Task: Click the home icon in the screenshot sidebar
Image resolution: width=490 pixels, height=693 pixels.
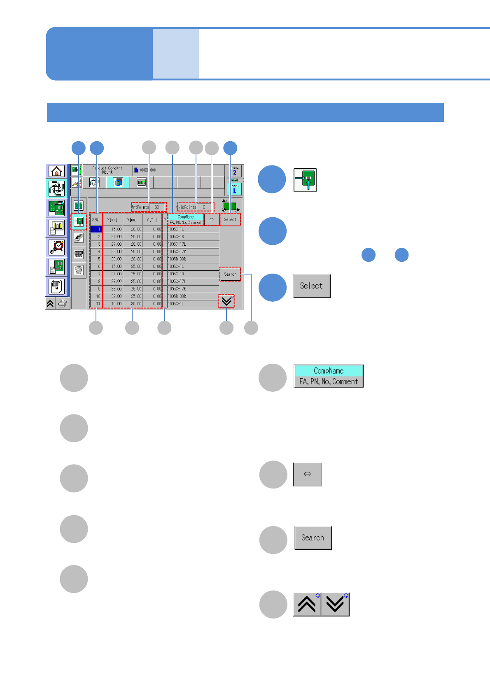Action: [x=56, y=171]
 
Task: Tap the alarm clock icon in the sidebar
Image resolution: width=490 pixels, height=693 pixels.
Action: [x=56, y=247]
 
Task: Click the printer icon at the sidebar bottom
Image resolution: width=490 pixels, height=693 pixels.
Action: [x=63, y=304]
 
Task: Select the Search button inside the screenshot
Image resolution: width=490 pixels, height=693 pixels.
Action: [x=230, y=274]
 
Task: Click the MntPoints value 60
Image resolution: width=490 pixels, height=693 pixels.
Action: [x=157, y=207]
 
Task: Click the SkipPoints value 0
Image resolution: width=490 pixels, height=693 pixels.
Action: [x=204, y=207]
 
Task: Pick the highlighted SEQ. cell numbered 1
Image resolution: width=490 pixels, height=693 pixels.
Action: [x=96, y=229]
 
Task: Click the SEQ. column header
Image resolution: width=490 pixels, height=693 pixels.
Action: [x=96, y=220]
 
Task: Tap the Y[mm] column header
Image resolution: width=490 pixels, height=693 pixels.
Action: [x=132, y=220]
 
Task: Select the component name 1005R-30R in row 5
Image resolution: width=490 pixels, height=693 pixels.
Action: [x=177, y=259]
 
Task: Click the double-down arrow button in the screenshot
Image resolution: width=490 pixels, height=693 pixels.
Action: [x=226, y=301]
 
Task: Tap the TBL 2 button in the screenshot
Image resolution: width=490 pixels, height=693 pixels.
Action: [x=234, y=171]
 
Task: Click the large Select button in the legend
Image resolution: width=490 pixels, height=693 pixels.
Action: [x=312, y=286]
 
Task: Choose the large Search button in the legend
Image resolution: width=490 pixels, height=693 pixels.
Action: [x=313, y=538]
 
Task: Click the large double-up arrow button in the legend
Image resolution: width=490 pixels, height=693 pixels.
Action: [x=307, y=605]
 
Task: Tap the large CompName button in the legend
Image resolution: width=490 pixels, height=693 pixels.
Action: [x=328, y=376]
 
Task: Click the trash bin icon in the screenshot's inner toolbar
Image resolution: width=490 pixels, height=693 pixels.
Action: [x=79, y=270]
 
